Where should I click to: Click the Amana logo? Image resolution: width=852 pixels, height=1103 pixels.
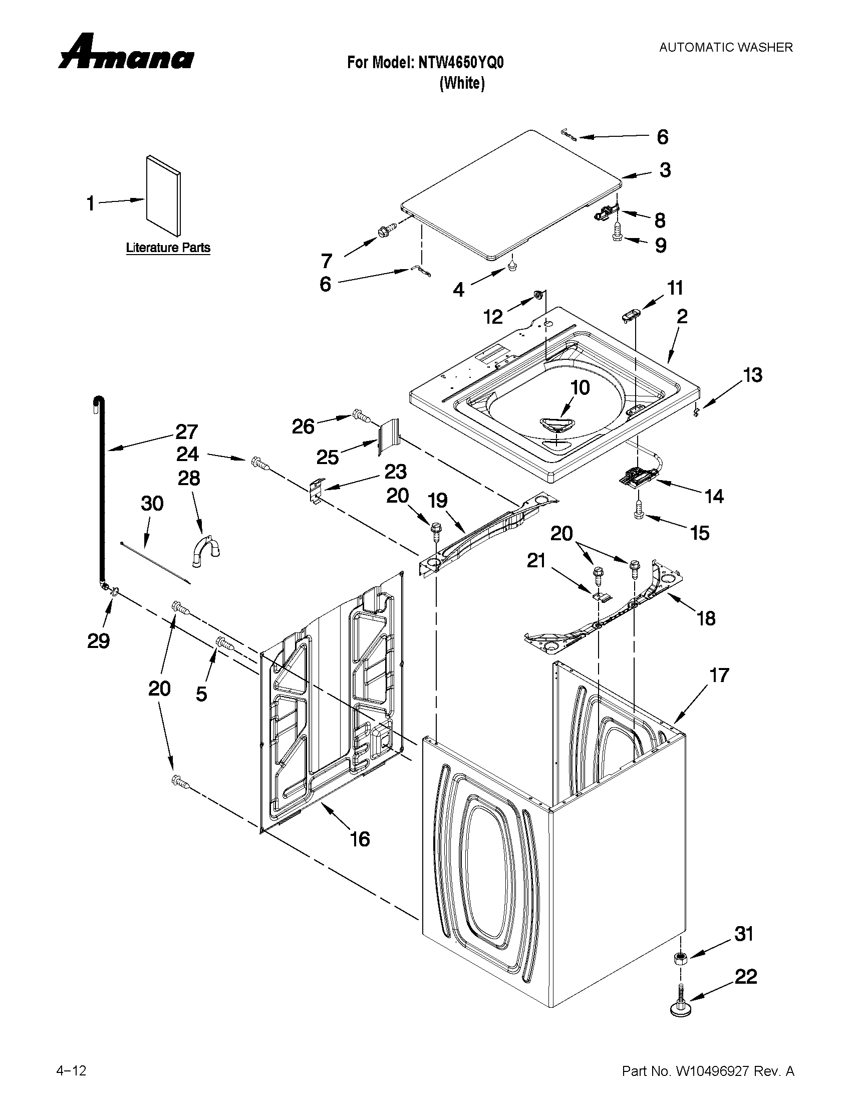(126, 53)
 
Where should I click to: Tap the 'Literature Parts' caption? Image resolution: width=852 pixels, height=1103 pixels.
(168, 248)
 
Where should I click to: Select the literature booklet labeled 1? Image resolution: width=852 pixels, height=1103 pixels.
(163, 195)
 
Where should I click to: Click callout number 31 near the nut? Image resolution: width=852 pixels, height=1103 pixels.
(743, 934)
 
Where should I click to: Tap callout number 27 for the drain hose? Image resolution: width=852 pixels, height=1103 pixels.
(187, 432)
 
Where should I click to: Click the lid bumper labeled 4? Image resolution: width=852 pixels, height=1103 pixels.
(513, 265)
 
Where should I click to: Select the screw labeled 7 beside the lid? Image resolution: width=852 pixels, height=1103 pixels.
(385, 232)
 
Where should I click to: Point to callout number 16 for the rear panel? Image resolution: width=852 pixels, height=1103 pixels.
(360, 839)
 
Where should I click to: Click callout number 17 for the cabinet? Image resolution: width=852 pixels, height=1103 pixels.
(719, 675)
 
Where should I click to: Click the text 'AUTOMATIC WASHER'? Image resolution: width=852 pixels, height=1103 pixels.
(726, 48)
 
